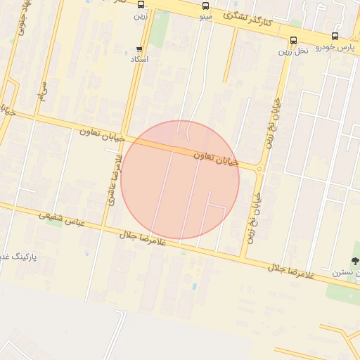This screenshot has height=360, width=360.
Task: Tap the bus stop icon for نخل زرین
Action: [x=293, y=40]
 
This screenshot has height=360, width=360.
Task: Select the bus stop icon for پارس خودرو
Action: [x=335, y=36]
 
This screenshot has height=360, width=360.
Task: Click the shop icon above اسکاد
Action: [x=139, y=49]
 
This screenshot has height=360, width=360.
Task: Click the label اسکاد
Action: [x=140, y=59]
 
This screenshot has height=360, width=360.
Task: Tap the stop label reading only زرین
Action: [x=141, y=15]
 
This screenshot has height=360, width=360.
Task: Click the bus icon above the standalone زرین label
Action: [x=141, y=4]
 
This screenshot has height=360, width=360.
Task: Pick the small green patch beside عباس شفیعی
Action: [x=53, y=217]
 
